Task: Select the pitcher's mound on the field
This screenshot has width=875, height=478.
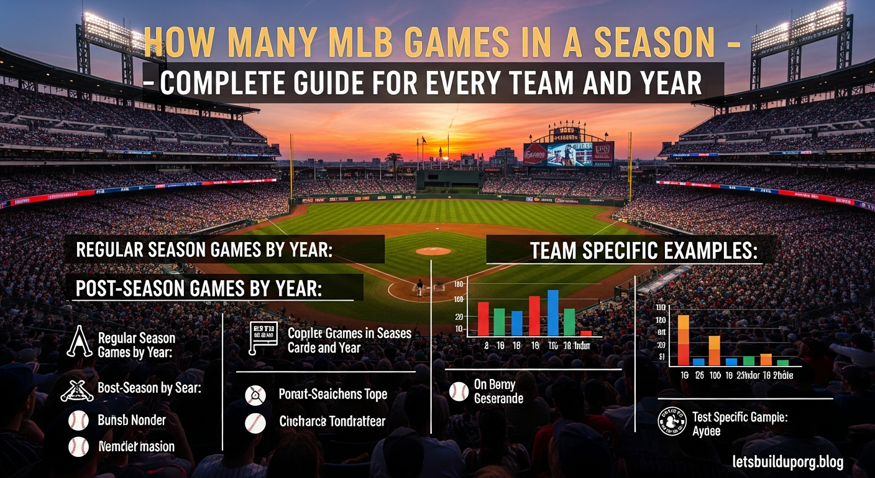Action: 433,251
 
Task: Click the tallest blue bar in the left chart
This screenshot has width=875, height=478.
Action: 552,312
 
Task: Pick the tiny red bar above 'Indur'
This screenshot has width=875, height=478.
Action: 585,333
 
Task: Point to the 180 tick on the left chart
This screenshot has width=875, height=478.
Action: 459,285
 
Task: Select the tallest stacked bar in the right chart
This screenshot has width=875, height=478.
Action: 683,340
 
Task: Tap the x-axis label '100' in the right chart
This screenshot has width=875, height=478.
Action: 714,376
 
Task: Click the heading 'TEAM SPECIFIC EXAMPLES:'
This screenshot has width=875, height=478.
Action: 644,251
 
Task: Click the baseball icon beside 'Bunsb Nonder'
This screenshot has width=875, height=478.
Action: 78,421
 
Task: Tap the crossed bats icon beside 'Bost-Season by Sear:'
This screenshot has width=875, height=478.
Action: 78,390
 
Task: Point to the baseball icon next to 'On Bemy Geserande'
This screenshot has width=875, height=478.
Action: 459,391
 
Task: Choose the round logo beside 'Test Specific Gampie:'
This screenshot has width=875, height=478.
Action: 671,422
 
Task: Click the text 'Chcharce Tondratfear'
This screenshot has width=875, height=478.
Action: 332,422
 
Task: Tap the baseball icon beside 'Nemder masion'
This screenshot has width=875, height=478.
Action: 78,446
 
